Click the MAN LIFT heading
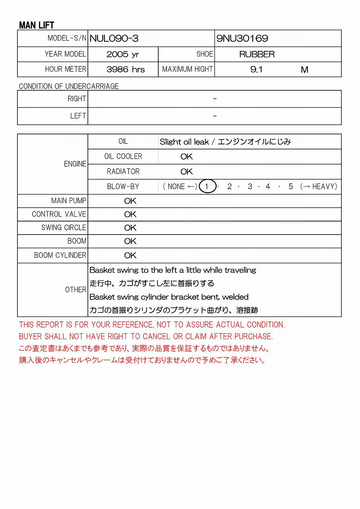pyautogui.click(x=37, y=25)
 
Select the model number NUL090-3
pyautogui.click(x=114, y=39)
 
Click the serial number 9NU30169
pyautogui.click(x=242, y=39)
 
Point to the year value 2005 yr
pyautogui.click(x=123, y=54)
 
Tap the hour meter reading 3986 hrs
pyautogui.click(x=126, y=70)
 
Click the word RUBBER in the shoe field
pyautogui.click(x=257, y=54)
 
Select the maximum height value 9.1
pyautogui.click(x=257, y=70)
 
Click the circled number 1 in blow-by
pyautogui.click(x=207, y=187)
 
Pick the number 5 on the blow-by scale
pyautogui.click(x=291, y=187)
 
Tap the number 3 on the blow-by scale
pyautogui.click(x=250, y=187)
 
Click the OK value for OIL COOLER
pyautogui.click(x=187, y=157)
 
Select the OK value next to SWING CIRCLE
pyautogui.click(x=130, y=228)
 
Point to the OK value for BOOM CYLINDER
pyautogui.click(x=130, y=255)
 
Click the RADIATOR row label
pyautogui.click(x=123, y=171)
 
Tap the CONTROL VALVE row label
pyautogui.click(x=59, y=214)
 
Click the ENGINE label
pyautogui.click(x=75, y=164)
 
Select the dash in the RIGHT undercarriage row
pyautogui.click(x=215, y=99)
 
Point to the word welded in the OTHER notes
pyautogui.click(x=235, y=297)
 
